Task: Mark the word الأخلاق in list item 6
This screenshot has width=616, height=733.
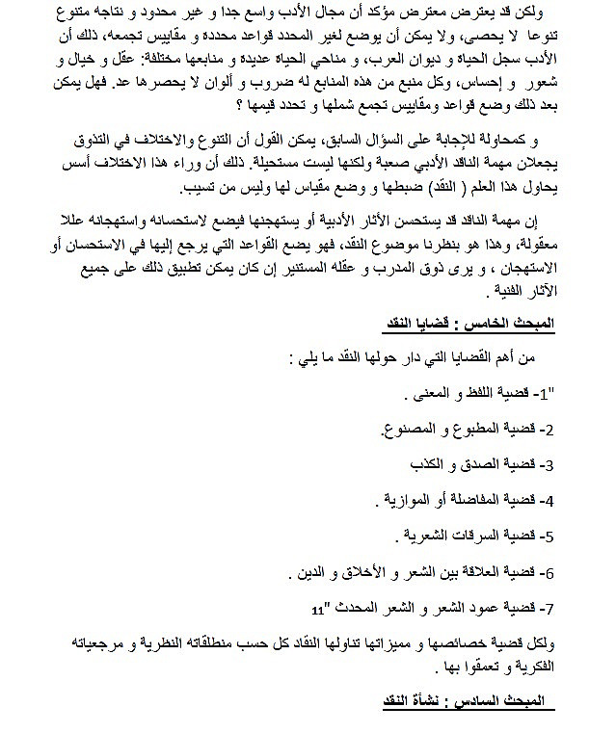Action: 352,572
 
